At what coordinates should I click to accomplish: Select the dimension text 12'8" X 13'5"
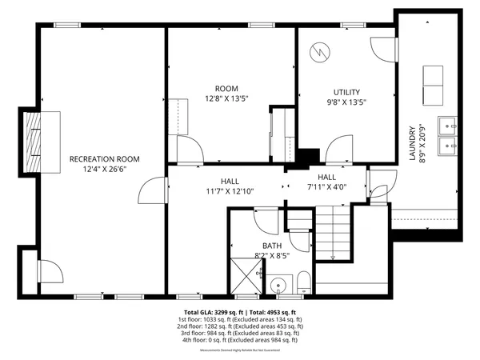(227, 99)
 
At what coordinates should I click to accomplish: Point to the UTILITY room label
(346, 92)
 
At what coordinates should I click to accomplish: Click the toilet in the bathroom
(304, 282)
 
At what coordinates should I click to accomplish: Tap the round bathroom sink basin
(278, 283)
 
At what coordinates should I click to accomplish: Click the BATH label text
(272, 246)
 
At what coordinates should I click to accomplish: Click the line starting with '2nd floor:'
(240, 326)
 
